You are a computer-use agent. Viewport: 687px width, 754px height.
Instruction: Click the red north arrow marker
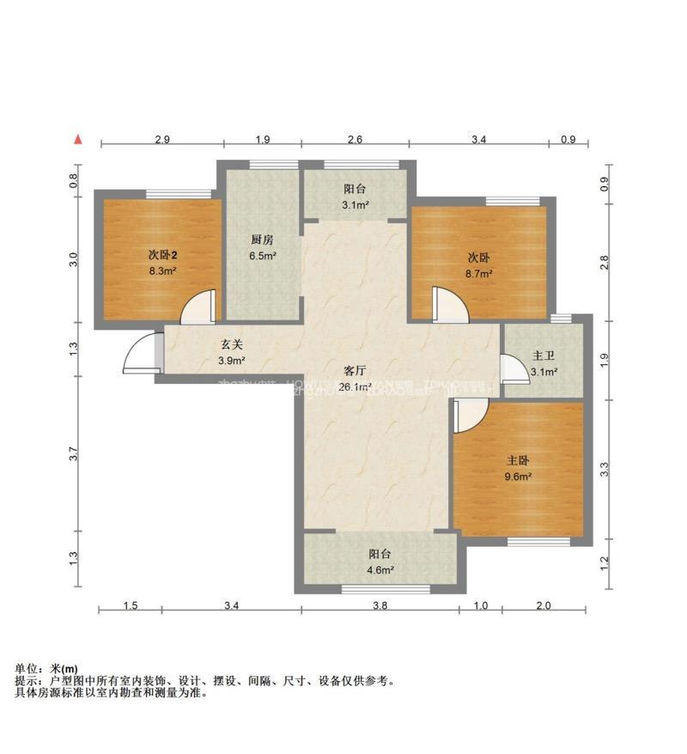(78, 139)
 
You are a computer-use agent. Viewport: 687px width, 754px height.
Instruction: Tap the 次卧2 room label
(162, 255)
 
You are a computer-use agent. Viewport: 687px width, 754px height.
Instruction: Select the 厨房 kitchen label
(263, 240)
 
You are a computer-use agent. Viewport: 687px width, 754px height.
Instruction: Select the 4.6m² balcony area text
(380, 569)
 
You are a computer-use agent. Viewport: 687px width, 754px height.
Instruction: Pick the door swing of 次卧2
(198, 306)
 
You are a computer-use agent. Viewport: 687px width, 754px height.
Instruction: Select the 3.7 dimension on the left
(75, 455)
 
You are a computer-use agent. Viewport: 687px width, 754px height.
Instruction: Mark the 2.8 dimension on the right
(605, 263)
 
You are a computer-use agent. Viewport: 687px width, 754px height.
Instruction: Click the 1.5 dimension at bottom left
(130, 606)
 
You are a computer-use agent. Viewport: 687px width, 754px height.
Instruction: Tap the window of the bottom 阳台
(385, 588)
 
